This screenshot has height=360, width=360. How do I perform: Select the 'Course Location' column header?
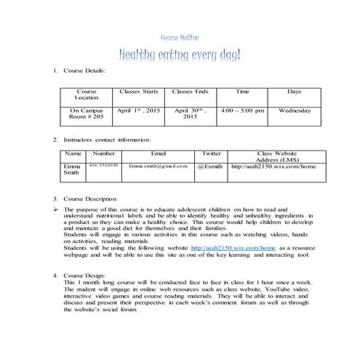pos(87,95)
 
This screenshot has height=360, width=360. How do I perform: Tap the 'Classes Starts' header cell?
pos(138,92)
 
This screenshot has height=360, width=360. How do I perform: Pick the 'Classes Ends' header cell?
pos(190,92)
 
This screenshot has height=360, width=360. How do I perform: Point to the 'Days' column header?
pos(295,92)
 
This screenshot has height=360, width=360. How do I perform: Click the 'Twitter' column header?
pos(211,153)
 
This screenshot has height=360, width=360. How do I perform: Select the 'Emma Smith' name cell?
pos(72,169)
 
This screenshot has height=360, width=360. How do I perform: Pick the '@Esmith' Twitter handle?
pos(210,167)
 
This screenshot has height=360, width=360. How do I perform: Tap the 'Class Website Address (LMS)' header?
pos(273,156)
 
